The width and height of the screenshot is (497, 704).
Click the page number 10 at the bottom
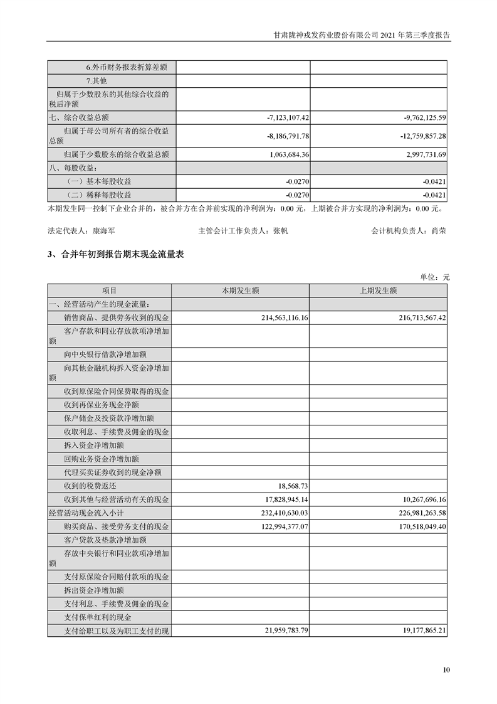tap(446, 669)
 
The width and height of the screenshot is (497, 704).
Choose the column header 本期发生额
tap(240, 291)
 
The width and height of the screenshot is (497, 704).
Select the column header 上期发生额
tap(378, 291)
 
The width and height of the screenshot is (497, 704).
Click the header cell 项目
tap(110, 291)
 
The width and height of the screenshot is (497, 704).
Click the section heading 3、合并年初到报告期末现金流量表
tap(115, 255)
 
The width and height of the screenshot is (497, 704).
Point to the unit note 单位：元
tap(434, 277)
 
